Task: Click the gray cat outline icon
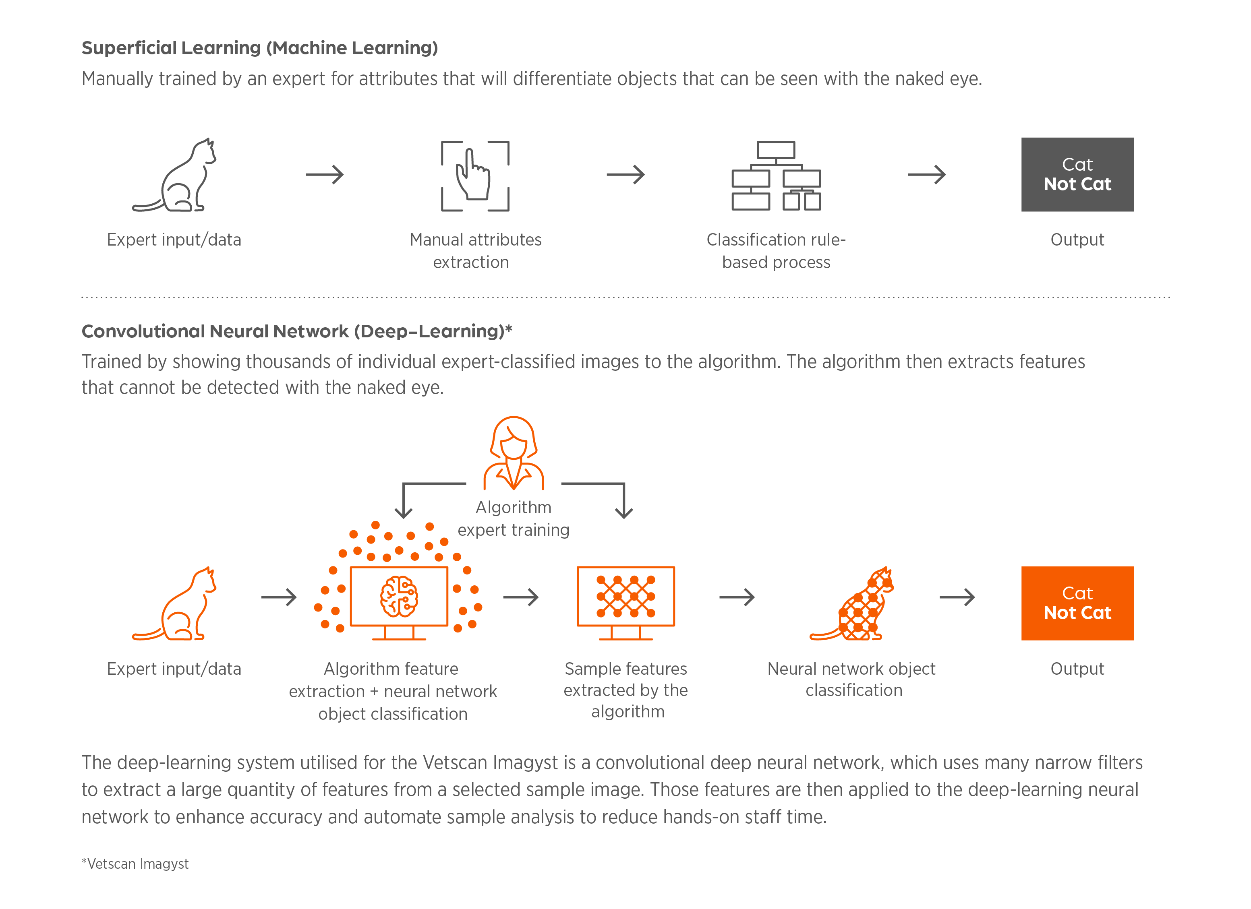pyautogui.click(x=175, y=175)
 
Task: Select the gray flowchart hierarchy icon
pyautogui.click(x=776, y=175)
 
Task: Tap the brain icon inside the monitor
pyautogui.click(x=399, y=597)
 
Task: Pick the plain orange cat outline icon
pyautogui.click(x=175, y=604)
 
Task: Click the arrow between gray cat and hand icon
pyautogui.click(x=325, y=175)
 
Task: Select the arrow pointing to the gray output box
pyautogui.click(x=927, y=175)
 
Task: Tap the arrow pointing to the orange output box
pyautogui.click(x=957, y=597)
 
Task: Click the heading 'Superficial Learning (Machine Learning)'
pyautogui.click(x=260, y=48)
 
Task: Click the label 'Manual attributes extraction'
pyautogui.click(x=475, y=251)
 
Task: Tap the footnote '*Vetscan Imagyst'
pyautogui.click(x=135, y=864)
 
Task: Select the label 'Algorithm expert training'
pyautogui.click(x=514, y=518)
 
